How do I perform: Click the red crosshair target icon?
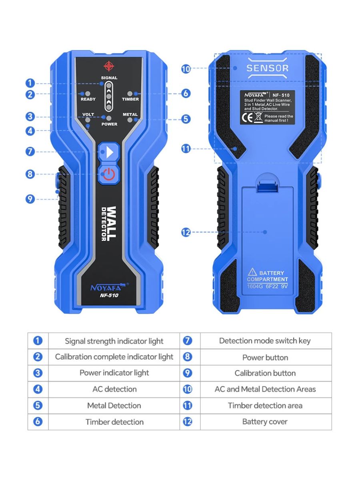pyautogui.click(x=109, y=66)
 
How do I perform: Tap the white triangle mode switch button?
pyautogui.click(x=109, y=152)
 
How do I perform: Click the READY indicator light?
pyautogui.click(x=88, y=94)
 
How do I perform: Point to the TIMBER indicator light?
pyautogui.click(x=130, y=94)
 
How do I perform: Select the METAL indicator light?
pyautogui.click(x=130, y=120)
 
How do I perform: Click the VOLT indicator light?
pyautogui.click(x=88, y=120)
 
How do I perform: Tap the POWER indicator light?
pyautogui.click(x=109, y=118)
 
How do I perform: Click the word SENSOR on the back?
pyautogui.click(x=268, y=68)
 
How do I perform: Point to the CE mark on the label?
pyautogui.click(x=247, y=118)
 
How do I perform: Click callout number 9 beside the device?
pyautogui.click(x=30, y=199)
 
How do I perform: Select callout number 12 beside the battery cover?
pyautogui.click(x=186, y=232)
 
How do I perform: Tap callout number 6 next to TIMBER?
pyautogui.click(x=186, y=94)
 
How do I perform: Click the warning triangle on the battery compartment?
pyautogui.click(x=252, y=272)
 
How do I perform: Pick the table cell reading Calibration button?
pyautogui.click(x=266, y=373)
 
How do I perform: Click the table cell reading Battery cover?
pyautogui.click(x=266, y=422)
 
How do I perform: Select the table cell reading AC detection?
pyautogui.click(x=114, y=389)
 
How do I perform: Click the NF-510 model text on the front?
pyautogui.click(x=109, y=296)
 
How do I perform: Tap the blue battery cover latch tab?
pyautogui.click(x=268, y=188)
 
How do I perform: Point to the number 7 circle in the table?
pyautogui.click(x=188, y=341)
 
